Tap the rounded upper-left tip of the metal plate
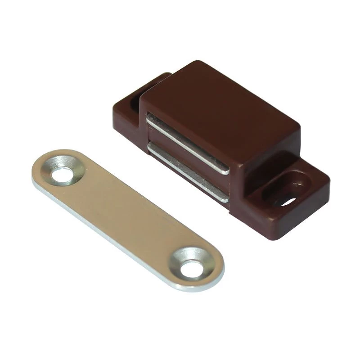(x=43, y=166)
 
